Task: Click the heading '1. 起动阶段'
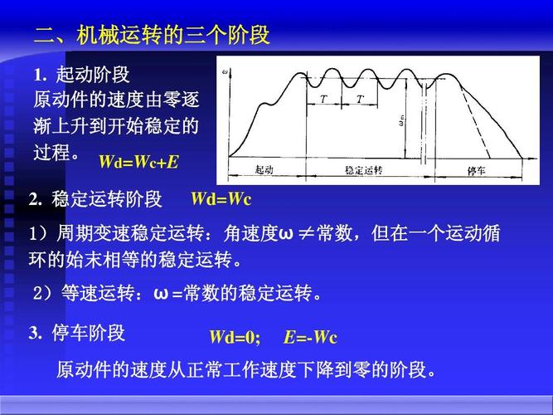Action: click(x=82, y=75)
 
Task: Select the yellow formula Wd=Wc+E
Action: click(x=138, y=161)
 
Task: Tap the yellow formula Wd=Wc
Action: click(x=221, y=200)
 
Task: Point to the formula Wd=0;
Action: click(x=235, y=337)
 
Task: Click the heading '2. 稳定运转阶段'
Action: click(x=95, y=200)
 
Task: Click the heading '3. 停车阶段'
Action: click(x=76, y=334)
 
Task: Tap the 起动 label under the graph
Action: click(x=264, y=170)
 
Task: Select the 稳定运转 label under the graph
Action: click(x=363, y=170)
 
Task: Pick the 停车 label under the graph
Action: click(x=476, y=170)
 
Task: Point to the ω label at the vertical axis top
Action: click(x=225, y=73)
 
